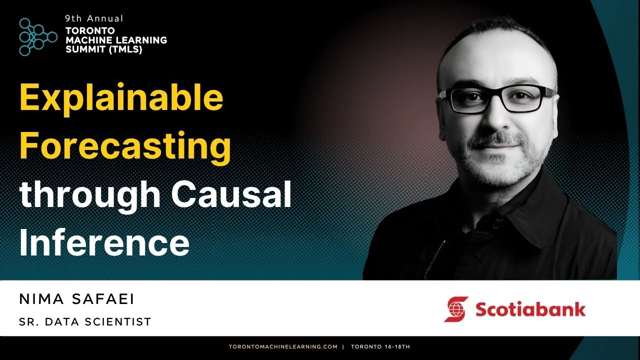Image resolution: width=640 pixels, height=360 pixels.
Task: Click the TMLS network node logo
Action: tap(38, 37)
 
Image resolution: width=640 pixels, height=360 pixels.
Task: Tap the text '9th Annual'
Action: tap(94, 18)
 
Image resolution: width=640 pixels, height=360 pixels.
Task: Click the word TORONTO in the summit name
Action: tap(90, 30)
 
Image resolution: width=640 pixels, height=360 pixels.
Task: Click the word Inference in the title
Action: tap(104, 242)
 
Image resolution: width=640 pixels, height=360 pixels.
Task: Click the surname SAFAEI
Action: tap(103, 299)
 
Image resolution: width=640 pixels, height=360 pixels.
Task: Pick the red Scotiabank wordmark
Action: tap(530, 309)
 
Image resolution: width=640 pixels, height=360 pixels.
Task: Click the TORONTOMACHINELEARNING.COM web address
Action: tap(283, 346)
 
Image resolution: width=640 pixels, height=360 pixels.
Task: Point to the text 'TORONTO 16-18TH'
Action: tap(380, 346)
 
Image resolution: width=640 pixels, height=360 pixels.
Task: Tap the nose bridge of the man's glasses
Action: tap(497, 95)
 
